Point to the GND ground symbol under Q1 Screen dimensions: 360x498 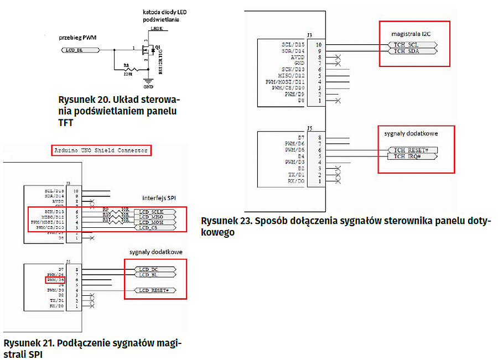coord(148,83)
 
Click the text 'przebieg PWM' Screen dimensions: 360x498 coord(77,38)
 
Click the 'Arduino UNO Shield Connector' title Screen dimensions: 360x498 coord(101,150)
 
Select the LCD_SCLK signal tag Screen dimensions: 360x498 coord(155,212)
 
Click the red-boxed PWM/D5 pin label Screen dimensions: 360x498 coord(57,280)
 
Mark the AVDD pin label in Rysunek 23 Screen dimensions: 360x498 coord(297,57)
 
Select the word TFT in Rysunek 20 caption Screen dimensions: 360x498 coord(65,123)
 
